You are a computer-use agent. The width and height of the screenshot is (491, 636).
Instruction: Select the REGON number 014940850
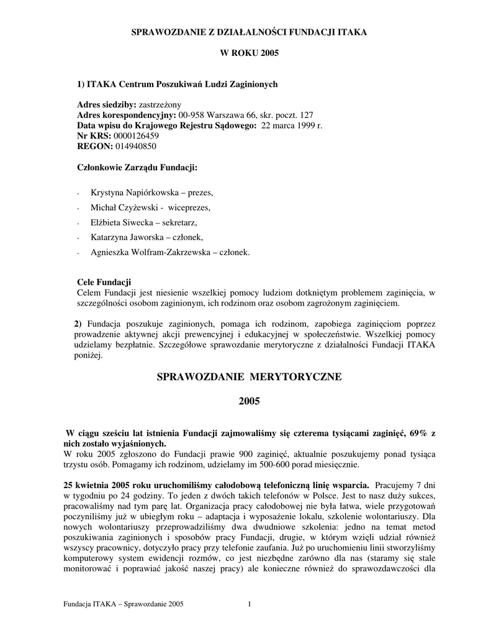tap(135, 147)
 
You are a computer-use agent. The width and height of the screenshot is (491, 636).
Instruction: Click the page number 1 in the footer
tap(249, 604)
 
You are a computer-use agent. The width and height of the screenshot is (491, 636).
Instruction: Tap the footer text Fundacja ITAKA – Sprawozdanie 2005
tap(124, 604)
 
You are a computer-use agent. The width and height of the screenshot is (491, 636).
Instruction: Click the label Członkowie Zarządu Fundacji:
tap(137, 167)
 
